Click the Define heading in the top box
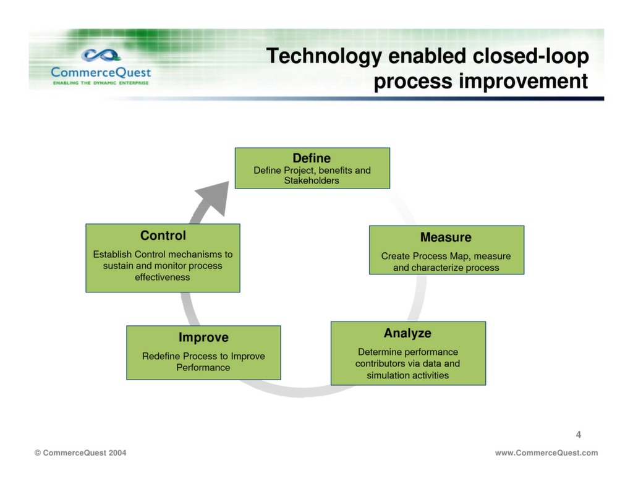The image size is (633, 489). [x=312, y=158]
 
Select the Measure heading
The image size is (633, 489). [x=446, y=237]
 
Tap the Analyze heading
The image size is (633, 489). [x=407, y=333]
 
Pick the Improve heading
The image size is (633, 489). [x=203, y=338]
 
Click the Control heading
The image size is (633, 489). [x=163, y=236]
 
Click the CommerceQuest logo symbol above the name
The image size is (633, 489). [x=101, y=56]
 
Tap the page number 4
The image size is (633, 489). [x=579, y=435]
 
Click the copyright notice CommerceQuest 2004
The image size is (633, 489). [x=80, y=453]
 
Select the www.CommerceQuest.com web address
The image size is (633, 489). [x=546, y=453]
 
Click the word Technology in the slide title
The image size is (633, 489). [x=323, y=57]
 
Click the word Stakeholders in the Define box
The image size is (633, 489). [x=312, y=181]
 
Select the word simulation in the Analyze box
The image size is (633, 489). [x=392, y=375]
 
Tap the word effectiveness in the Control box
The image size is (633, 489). [x=163, y=278]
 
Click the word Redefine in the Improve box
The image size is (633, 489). [x=161, y=356]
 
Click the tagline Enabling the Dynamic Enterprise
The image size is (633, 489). [x=100, y=83]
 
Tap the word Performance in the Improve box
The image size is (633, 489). [x=203, y=368]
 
